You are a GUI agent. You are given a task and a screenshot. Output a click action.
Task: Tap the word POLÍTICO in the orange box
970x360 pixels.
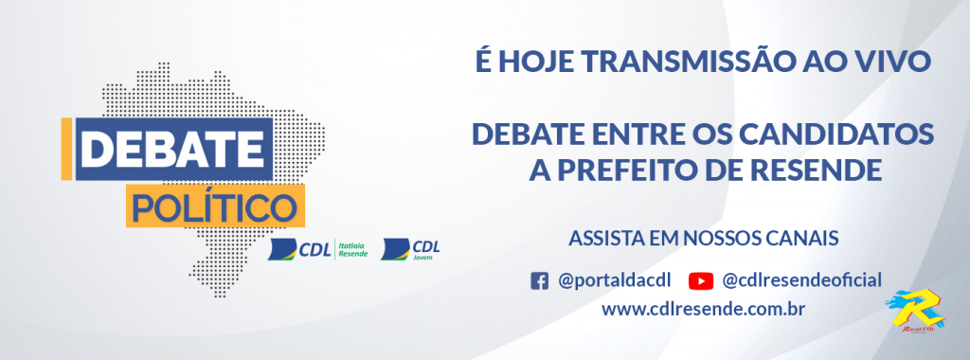pos(213,205)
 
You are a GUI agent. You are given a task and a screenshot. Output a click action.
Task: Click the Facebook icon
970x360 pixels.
pos(539,280)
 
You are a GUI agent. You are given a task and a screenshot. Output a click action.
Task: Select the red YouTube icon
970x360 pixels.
pos(700,280)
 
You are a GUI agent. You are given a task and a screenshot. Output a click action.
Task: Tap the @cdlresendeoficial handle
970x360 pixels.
pos(801,280)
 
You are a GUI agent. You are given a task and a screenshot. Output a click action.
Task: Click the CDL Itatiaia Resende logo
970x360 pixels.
pos(317,250)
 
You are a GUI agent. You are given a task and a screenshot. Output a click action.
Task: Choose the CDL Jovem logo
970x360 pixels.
pos(410,250)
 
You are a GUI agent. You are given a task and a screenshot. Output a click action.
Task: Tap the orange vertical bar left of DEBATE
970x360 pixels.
pos(65,150)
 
